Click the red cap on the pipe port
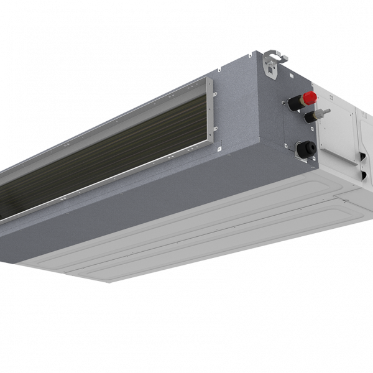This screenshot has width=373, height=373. point(309,97)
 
